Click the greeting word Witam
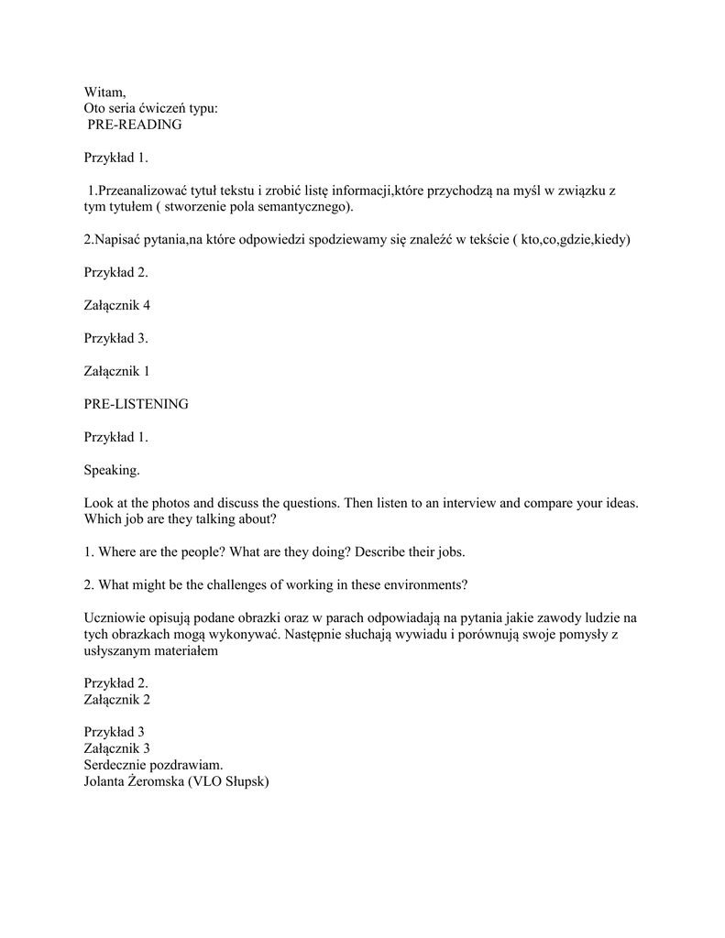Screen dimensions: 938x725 tap(104, 91)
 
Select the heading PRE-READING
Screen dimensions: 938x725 tap(135, 125)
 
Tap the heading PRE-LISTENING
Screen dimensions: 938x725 tap(136, 404)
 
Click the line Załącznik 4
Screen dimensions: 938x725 tap(116, 305)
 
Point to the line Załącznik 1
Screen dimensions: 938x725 tap(116, 371)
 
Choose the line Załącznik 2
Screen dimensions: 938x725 tap(116, 700)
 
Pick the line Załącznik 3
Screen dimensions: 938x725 tap(116, 748)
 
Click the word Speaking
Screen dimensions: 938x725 tap(112, 470)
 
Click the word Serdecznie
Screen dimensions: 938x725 tap(116, 765)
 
